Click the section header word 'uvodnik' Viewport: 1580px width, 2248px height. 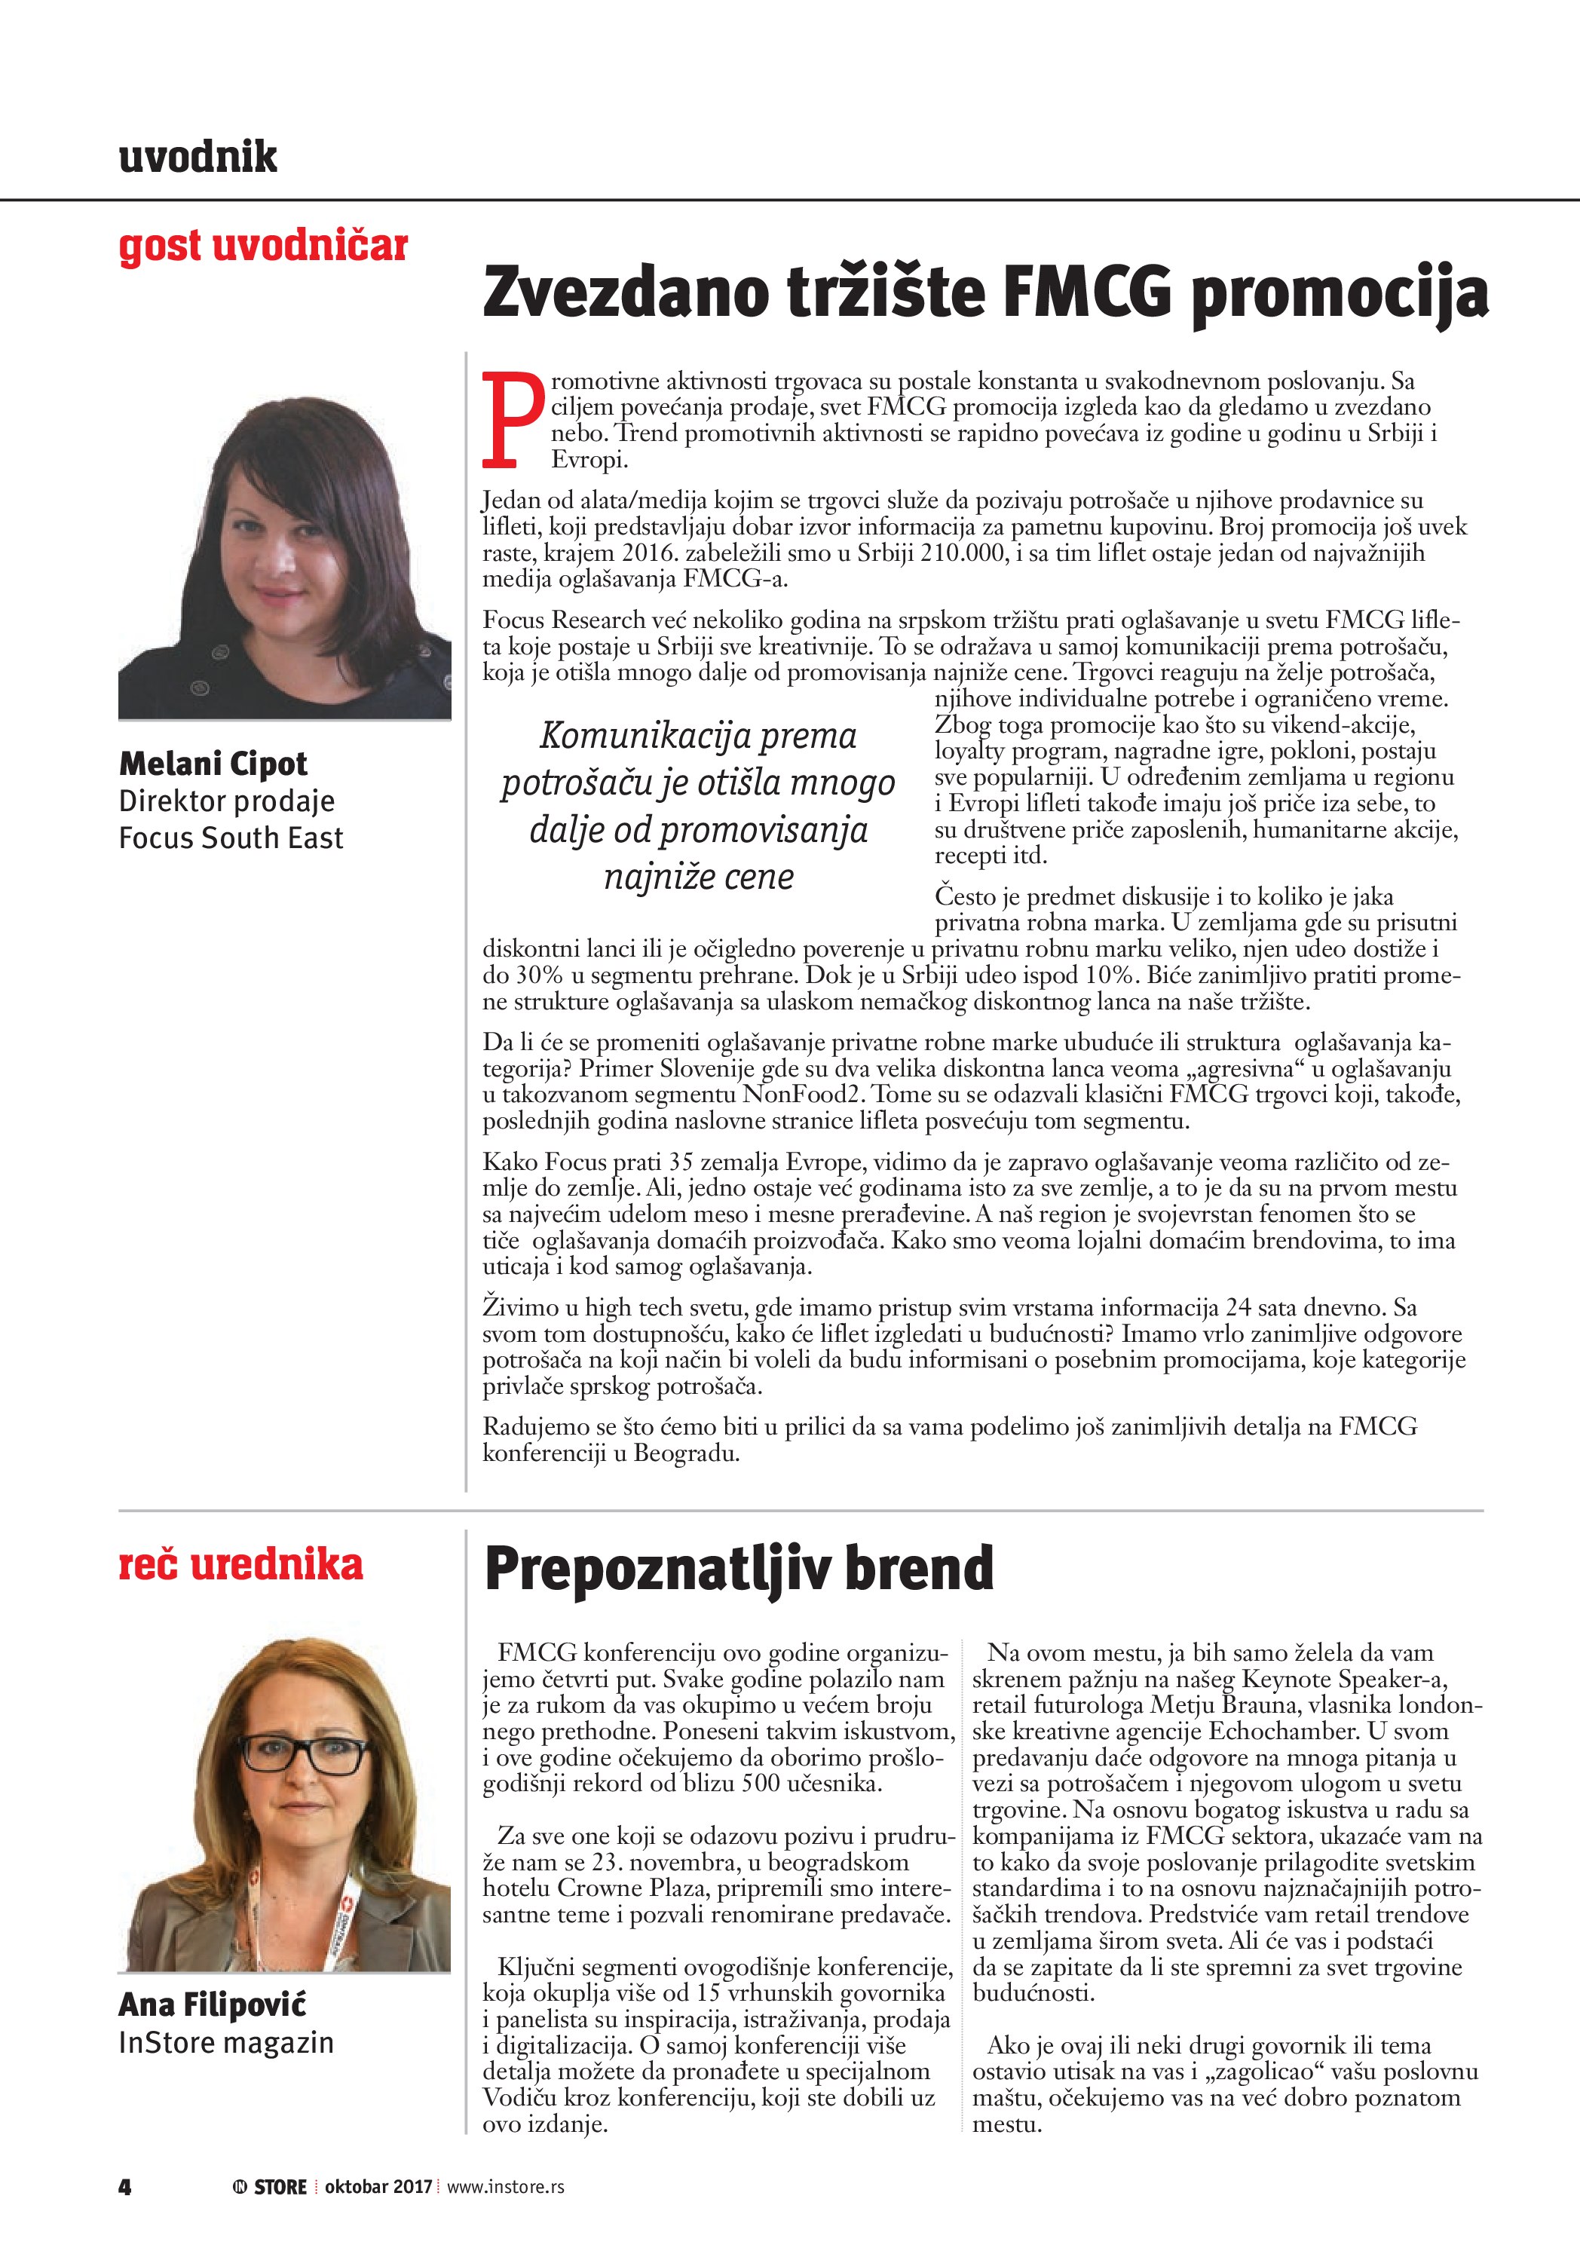tap(197, 157)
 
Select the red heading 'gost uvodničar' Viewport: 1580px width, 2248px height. tap(262, 246)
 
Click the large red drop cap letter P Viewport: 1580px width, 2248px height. tap(512, 419)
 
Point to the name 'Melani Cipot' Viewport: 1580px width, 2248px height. tap(213, 764)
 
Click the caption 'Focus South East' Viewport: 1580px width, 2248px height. tap(231, 838)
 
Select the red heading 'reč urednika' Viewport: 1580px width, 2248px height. tap(240, 1564)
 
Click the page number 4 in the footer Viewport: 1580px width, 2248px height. tap(124, 2187)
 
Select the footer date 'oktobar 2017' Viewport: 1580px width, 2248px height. tap(378, 2187)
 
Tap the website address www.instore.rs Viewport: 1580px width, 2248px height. tap(505, 2187)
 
